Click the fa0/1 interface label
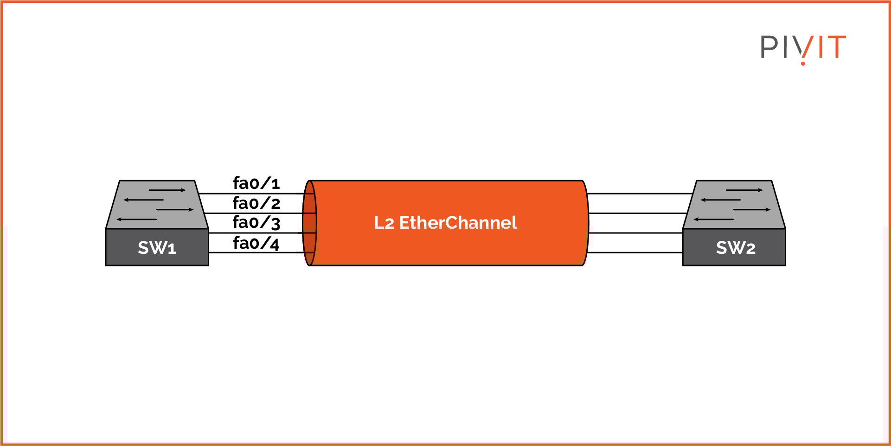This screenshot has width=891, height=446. pos(256,183)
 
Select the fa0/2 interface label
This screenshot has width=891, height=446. pos(256,203)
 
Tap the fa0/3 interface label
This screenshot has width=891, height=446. pos(256,223)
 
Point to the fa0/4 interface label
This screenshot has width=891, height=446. pos(256,243)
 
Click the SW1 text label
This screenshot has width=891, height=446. pos(157,248)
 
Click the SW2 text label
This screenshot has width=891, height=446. pos(736,248)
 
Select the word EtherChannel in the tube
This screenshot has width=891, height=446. pos(458,223)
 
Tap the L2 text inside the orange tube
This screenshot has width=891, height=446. pos(384,223)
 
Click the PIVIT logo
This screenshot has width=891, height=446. pos(803,48)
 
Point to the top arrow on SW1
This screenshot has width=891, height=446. pos(167,190)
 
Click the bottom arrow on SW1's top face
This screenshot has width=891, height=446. pos(137,219)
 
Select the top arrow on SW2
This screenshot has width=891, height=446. pos(744,190)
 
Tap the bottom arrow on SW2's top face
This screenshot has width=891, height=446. pos(714,219)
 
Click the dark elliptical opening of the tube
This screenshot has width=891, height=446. pos(309,223)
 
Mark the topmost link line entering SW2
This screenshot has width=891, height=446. pos(640,194)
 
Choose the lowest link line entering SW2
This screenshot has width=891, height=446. pos(635,252)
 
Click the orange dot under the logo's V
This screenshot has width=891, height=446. pos(803,63)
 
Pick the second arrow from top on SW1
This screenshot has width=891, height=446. pos(144,200)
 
